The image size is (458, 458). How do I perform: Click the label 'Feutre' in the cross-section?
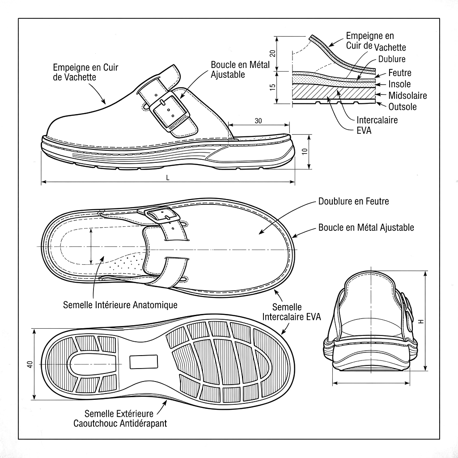pos(399,73)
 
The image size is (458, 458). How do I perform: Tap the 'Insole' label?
pos(399,84)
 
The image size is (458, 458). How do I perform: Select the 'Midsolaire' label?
pos(407,95)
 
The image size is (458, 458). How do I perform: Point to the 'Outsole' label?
pos(403,107)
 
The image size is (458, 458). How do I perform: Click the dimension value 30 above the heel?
pos(258,121)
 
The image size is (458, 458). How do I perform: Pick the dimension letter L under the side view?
pos(168,178)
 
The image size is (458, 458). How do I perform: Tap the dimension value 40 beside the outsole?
pos(30,364)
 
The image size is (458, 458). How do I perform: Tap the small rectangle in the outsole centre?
pos(143,361)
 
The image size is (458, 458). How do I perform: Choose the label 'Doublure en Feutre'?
pos(353,201)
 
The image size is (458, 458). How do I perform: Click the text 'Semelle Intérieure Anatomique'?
pos(120,305)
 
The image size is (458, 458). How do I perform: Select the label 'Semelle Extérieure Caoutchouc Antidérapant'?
pos(120,418)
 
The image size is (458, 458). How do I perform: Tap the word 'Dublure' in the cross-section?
pos(392,59)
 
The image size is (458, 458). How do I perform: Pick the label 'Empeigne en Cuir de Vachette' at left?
pos(89,72)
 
